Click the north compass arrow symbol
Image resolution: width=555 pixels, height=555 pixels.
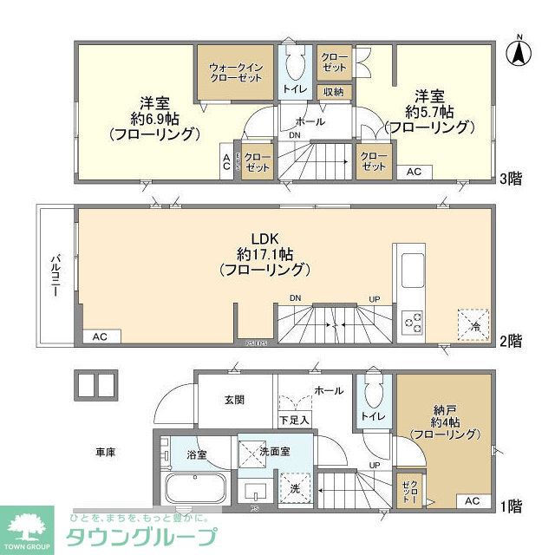click(x=519, y=51)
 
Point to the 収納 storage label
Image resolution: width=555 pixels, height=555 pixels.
click(x=333, y=92)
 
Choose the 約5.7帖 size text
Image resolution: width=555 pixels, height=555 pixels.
click(x=431, y=111)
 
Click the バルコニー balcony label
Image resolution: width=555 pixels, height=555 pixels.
click(x=54, y=275)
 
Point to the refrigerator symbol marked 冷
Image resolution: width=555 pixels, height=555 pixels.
click(x=473, y=324)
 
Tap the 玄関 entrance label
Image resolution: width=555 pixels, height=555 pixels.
click(x=233, y=400)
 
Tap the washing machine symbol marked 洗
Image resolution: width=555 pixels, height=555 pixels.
click(x=295, y=488)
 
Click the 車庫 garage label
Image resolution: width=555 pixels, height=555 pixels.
click(x=106, y=452)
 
